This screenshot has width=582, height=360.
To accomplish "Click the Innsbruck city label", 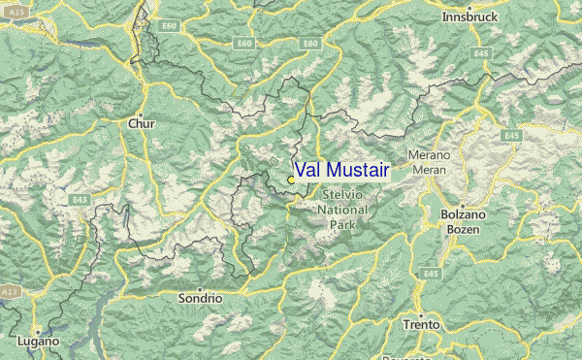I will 469,18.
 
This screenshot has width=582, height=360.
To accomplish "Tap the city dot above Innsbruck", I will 469,7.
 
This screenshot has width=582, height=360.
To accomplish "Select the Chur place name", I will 141,123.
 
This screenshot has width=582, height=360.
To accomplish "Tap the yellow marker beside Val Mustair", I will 291,180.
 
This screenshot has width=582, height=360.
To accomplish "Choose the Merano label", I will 429,155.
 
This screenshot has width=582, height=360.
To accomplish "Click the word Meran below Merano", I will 429,169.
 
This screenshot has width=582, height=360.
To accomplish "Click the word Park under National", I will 343,224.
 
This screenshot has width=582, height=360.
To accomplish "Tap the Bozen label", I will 462,228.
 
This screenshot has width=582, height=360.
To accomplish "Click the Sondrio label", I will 200,299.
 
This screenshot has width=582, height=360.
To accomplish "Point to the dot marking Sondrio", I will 200,288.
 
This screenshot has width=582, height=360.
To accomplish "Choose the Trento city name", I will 421,324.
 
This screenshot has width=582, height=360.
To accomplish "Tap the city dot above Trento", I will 421,312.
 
